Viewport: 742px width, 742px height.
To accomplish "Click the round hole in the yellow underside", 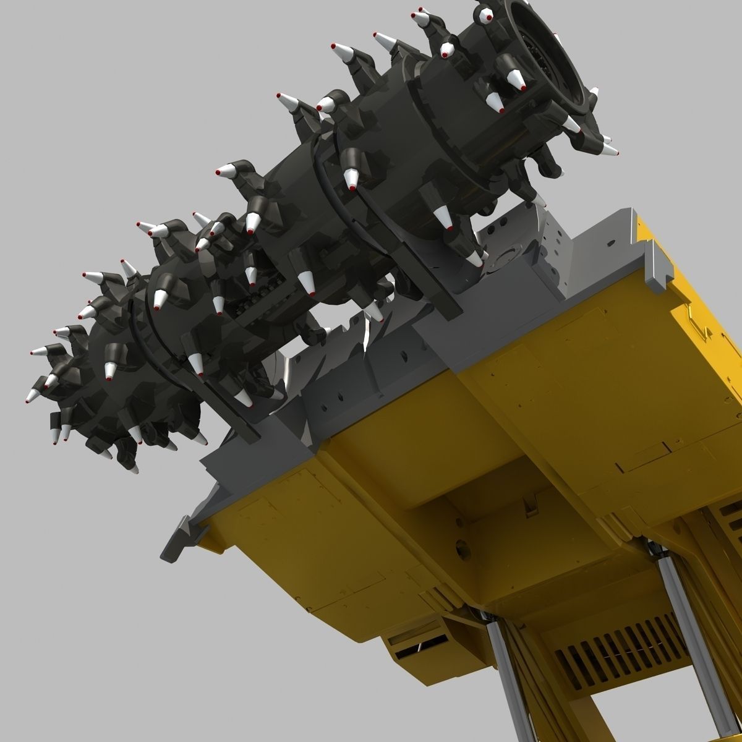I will [x=461, y=548].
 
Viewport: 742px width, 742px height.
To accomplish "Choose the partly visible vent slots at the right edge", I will [x=733, y=522].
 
